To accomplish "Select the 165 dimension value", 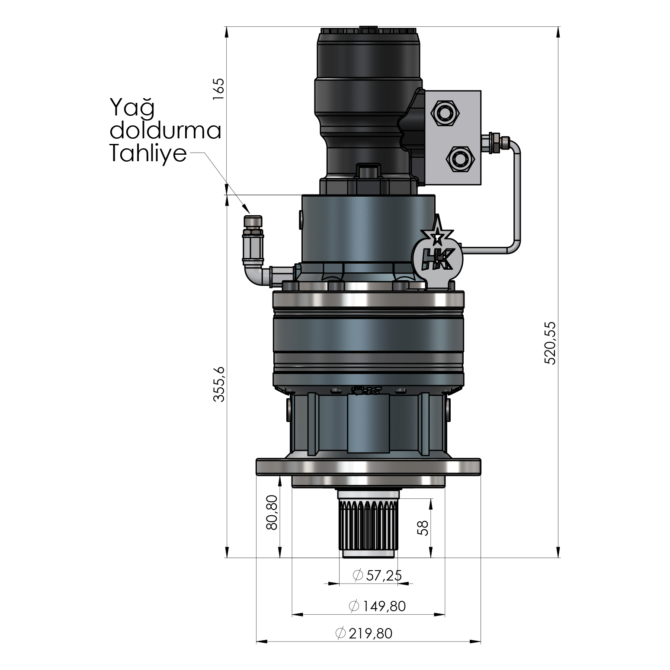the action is point(219,89).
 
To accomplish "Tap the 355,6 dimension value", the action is point(219,384).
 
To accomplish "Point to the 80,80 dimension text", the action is point(272,513).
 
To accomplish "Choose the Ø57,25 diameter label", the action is point(377,575).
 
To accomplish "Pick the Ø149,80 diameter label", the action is point(377,606).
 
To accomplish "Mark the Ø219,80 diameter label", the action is point(364,633).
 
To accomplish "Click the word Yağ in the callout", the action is point(132,108).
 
